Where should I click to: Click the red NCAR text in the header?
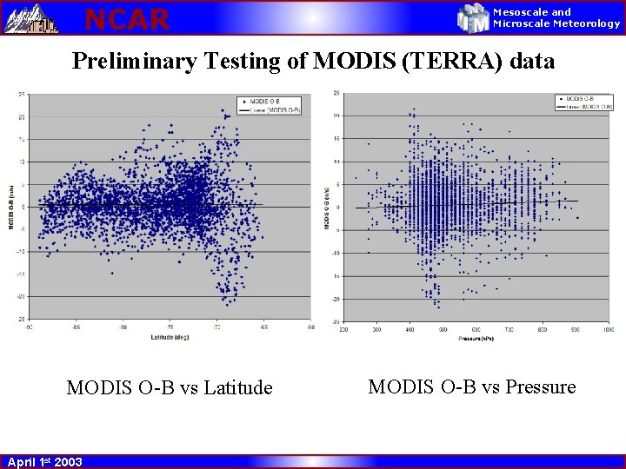click(x=126, y=18)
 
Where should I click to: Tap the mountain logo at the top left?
click(x=31, y=18)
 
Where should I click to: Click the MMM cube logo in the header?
click(x=474, y=18)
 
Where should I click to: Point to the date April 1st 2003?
click(x=45, y=462)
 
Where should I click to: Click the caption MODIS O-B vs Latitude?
click(x=170, y=388)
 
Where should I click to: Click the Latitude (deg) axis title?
click(x=170, y=336)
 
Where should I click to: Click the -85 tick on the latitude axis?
click(x=77, y=327)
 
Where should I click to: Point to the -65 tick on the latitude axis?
click(x=264, y=327)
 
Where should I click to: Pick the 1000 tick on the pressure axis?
click(x=607, y=330)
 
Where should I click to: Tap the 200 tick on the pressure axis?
click(x=343, y=330)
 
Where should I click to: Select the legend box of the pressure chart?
click(x=584, y=102)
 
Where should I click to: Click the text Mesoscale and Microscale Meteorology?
click(x=556, y=18)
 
